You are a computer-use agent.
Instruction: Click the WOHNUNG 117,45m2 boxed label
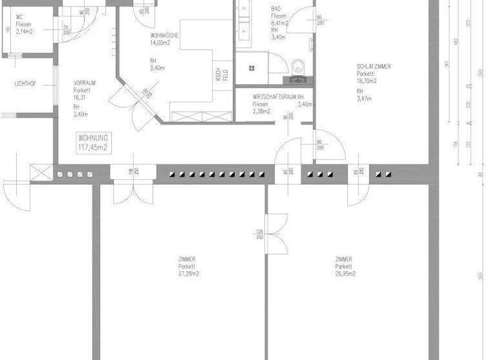(93, 143)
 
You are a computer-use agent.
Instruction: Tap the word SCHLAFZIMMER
(374, 66)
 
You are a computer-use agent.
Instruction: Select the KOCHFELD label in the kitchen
(219, 75)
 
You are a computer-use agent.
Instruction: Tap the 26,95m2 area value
(345, 274)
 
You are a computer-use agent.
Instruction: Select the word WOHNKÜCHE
(165, 35)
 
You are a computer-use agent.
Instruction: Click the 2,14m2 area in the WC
(24, 31)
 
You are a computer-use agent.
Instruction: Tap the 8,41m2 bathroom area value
(279, 22)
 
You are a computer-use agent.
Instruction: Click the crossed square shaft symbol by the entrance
(40, 173)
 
